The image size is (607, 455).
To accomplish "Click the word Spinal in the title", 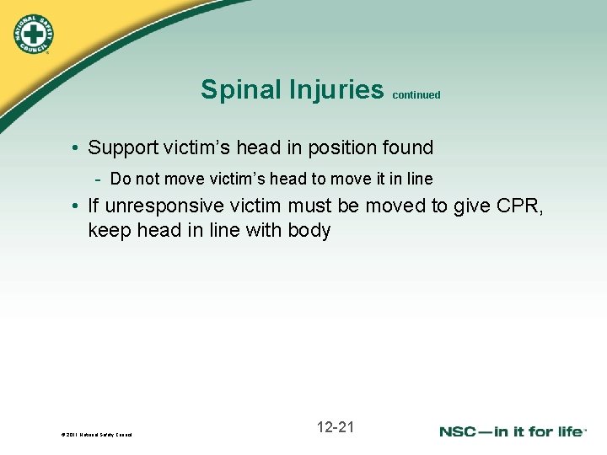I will [x=234, y=89].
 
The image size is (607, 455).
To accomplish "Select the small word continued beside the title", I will [x=416, y=95].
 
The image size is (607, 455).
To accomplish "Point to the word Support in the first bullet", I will [x=123, y=148].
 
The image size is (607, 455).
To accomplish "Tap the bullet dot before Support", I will [x=76, y=149].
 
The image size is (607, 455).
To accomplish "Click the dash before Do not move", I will [x=99, y=179].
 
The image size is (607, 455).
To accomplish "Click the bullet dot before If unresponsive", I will [x=76, y=205].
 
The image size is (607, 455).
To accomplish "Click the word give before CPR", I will [x=473, y=204].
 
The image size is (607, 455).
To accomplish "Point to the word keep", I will [x=109, y=230].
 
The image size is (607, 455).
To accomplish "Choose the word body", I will [x=309, y=230].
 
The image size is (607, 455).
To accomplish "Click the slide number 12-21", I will [x=336, y=427].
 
